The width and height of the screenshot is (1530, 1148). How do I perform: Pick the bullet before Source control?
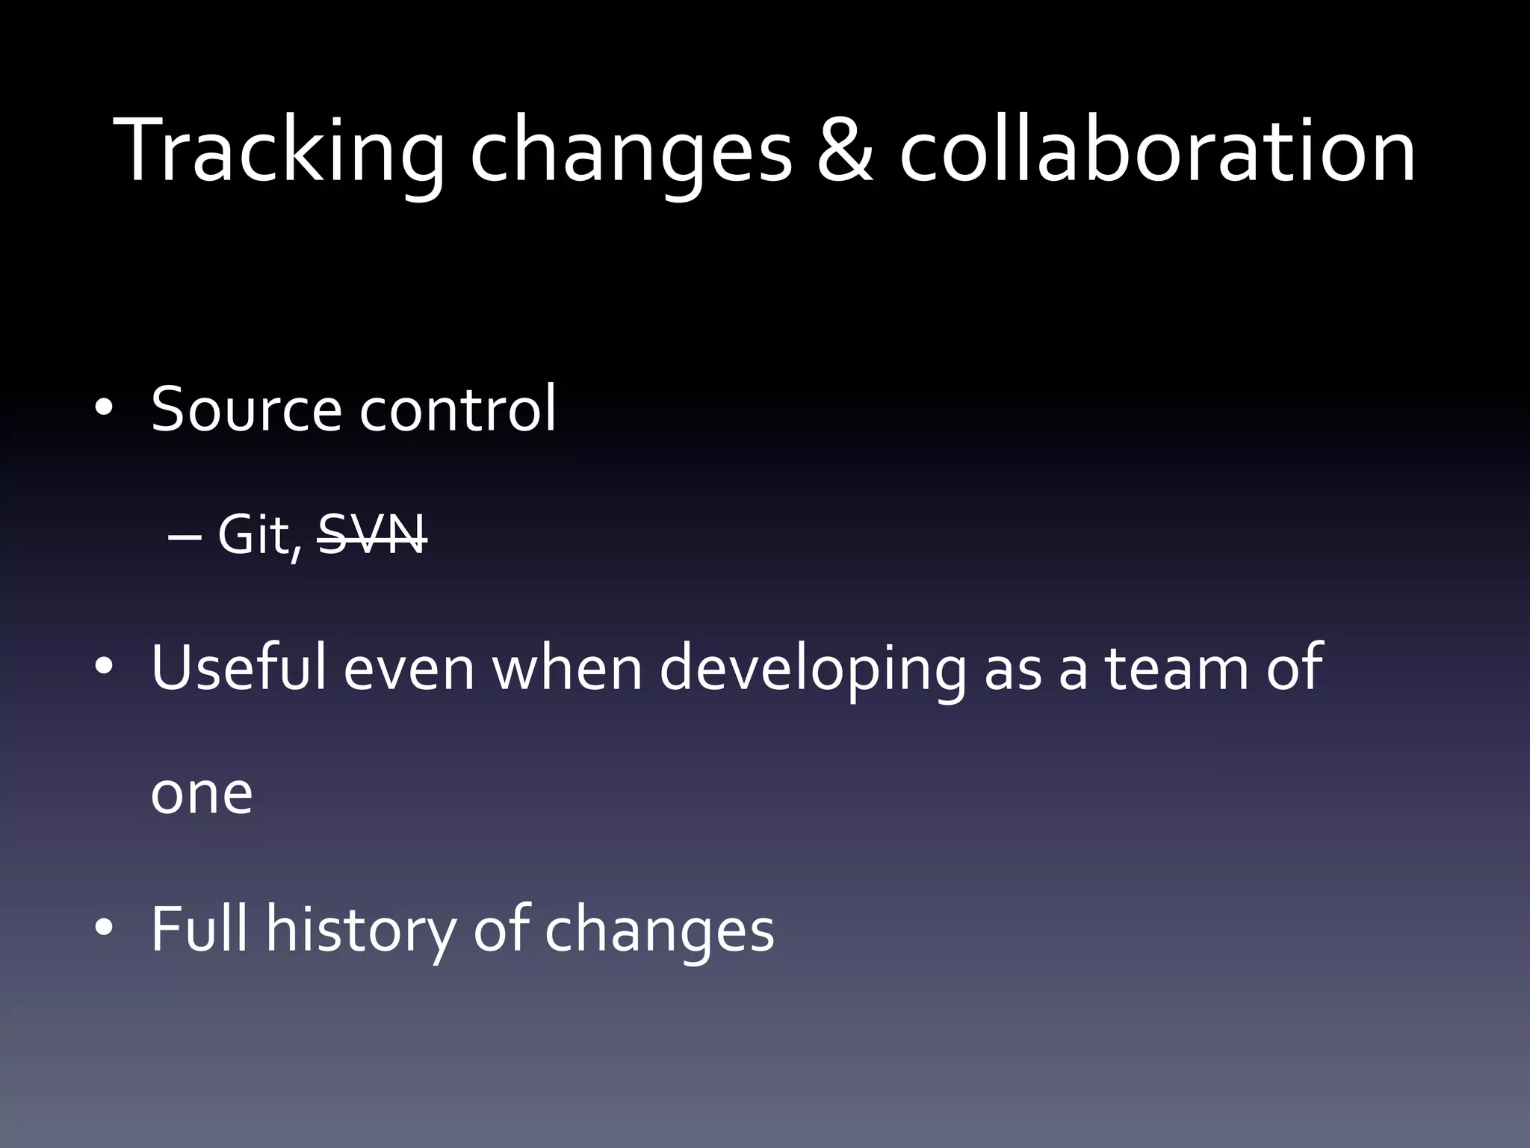click(x=103, y=408)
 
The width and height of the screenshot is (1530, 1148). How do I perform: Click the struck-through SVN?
click(x=372, y=535)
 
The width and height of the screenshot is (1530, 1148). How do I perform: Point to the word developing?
click(x=813, y=669)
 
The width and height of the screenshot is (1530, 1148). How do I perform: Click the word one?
click(x=202, y=794)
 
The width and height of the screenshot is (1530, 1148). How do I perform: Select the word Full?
click(x=199, y=928)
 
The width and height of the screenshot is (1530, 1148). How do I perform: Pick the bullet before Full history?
click(x=103, y=928)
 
